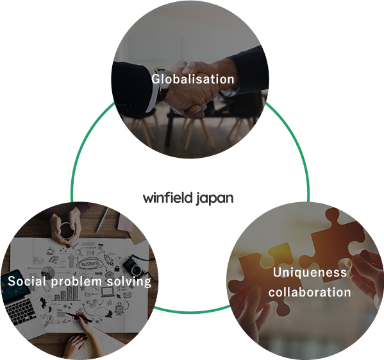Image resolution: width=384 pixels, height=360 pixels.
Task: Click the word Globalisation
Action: pos(193,79)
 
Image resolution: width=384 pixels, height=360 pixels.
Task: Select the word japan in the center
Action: pos(215,199)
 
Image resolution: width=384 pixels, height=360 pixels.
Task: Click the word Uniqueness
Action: pos(310,273)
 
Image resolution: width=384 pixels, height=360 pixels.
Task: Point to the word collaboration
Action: pos(310,292)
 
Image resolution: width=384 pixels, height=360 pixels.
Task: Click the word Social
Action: pos(27,281)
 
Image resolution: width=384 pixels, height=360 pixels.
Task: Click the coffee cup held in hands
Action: pos(66,230)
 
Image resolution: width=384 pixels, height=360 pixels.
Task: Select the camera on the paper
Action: pos(134,266)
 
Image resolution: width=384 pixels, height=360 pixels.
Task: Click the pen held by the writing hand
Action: pos(78,318)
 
